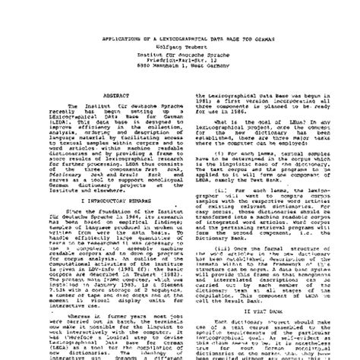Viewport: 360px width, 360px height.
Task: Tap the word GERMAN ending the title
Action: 265,16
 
